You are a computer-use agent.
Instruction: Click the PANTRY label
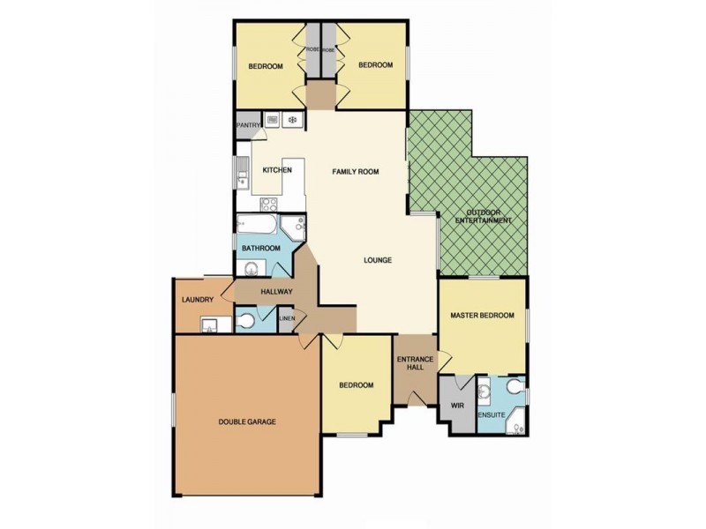[x=247, y=125]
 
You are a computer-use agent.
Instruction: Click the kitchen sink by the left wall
[x=241, y=174]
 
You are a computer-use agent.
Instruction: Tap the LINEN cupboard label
[x=286, y=318]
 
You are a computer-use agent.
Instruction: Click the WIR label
[x=456, y=406]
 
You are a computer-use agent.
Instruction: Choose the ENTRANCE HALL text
[x=414, y=362]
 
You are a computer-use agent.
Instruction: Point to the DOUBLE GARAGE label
[x=247, y=422]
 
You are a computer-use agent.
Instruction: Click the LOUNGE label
[x=377, y=260]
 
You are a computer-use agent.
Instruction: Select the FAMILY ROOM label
[x=355, y=172]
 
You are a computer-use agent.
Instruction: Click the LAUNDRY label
[x=198, y=301]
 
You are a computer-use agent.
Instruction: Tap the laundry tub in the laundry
[x=210, y=326]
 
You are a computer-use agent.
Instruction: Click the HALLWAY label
[x=276, y=292]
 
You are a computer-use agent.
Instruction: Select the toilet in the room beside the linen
[x=248, y=321]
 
